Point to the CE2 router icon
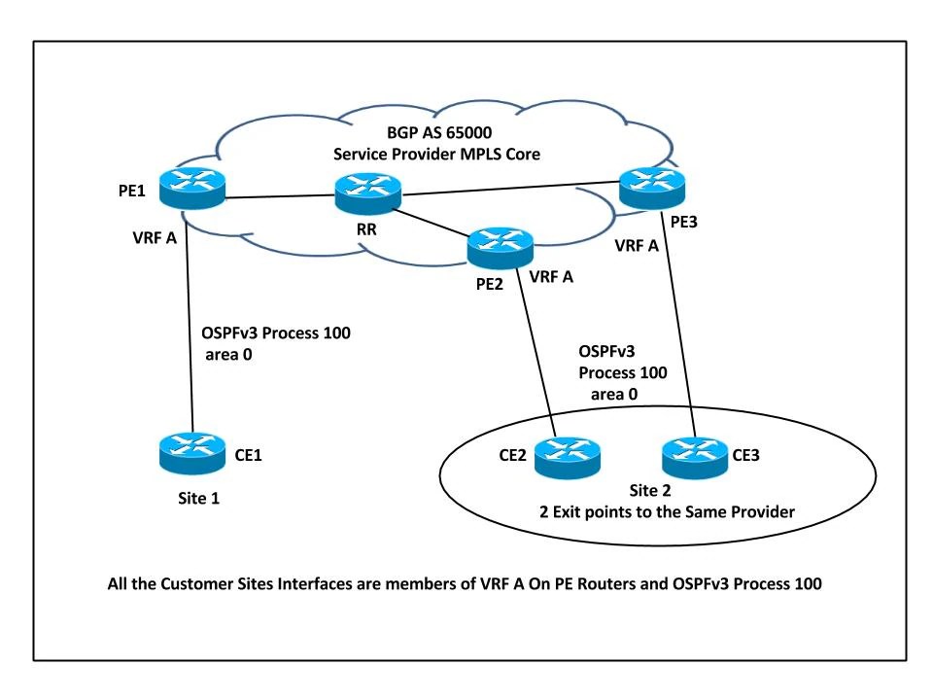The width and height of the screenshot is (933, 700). (568, 454)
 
